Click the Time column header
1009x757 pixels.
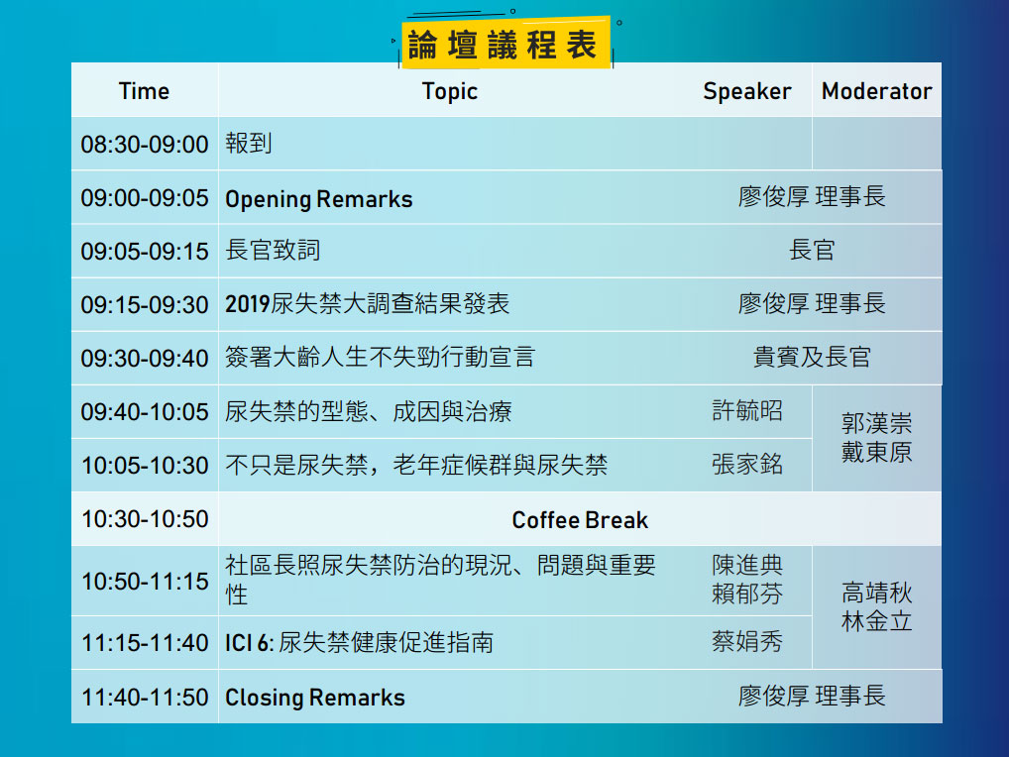144,91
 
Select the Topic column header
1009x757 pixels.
450,92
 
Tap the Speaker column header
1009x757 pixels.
747,92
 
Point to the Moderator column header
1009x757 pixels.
876,91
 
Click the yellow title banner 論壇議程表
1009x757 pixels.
504,43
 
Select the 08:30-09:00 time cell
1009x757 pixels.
145,144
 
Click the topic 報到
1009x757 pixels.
249,144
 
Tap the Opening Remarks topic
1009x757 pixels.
318,199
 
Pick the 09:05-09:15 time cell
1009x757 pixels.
145,251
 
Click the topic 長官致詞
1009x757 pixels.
273,251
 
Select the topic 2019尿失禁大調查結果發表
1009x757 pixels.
368,303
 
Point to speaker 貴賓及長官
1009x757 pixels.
812,357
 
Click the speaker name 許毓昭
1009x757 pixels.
747,410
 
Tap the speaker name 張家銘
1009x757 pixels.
747,465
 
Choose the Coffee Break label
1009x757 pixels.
580,519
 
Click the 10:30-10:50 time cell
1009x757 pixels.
145,519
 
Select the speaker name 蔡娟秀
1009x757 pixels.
747,641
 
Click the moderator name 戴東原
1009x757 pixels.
876,452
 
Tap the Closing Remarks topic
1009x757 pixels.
314,698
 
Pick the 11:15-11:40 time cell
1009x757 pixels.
145,642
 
